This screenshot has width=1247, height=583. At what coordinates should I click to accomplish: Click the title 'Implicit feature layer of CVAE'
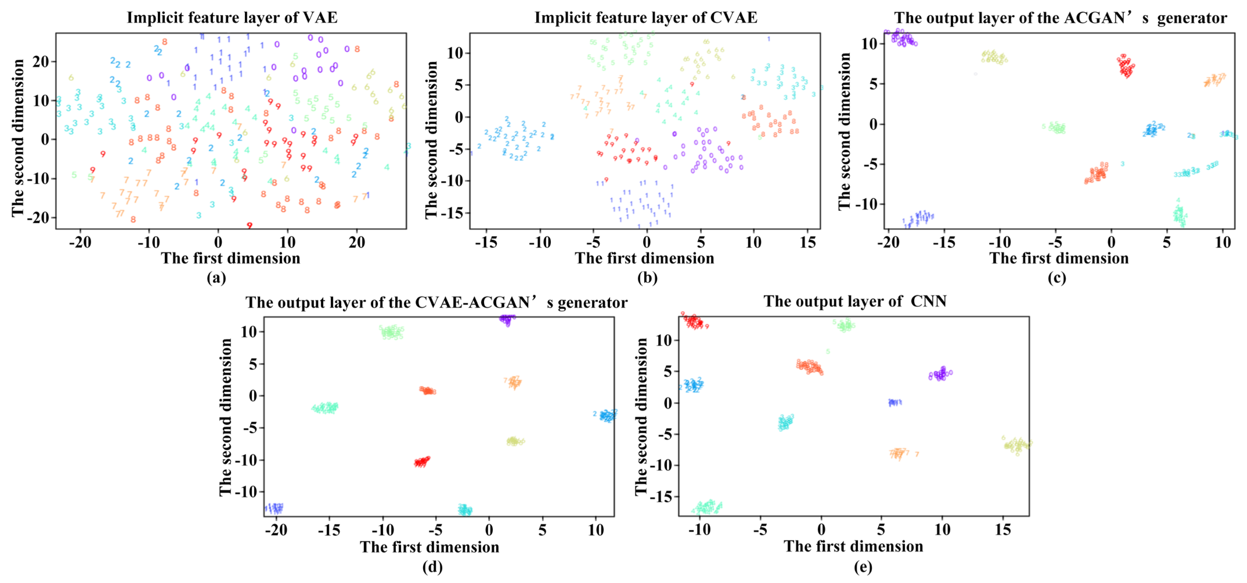pyautogui.click(x=645, y=18)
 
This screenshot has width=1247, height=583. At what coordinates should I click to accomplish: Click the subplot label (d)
pyautogui.click(x=432, y=566)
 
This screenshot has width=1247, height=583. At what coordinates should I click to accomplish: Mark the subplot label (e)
pyautogui.click(x=863, y=566)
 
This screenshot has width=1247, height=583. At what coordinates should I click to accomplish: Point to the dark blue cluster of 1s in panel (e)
pyautogui.click(x=895, y=402)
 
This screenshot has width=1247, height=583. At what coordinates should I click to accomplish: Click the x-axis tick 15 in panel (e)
pyautogui.click(x=1003, y=530)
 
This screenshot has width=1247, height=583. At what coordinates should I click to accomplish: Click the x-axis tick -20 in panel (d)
pyautogui.click(x=276, y=530)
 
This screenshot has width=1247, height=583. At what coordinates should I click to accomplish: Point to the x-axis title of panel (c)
pyautogui.click(x=1059, y=258)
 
